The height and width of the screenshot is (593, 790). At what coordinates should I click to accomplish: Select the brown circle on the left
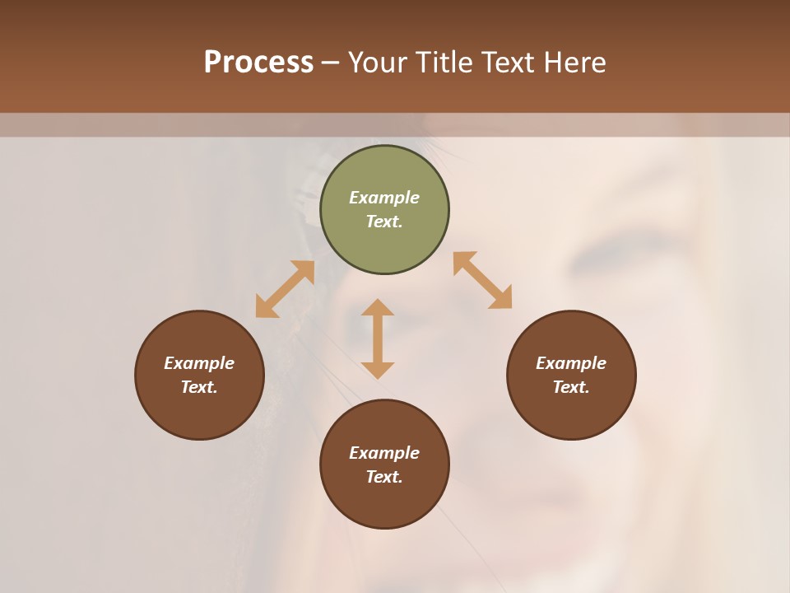tap(199, 412)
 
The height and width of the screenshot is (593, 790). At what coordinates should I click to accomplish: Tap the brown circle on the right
tap(571, 412)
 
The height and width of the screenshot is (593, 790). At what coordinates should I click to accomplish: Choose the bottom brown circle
tap(384, 502)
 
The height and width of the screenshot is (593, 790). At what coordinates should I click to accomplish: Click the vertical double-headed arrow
tap(378, 339)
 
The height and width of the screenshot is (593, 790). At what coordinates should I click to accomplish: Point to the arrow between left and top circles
tap(285, 289)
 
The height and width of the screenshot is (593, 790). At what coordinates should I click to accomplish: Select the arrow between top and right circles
tap(483, 280)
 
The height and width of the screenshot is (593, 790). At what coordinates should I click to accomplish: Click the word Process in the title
tap(258, 63)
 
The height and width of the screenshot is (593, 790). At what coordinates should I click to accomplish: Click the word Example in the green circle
tap(384, 198)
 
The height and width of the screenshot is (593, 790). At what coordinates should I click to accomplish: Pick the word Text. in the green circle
tap(384, 222)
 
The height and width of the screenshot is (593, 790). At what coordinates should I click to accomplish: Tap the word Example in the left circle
tap(199, 363)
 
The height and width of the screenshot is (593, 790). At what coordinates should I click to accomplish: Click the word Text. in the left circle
tap(199, 387)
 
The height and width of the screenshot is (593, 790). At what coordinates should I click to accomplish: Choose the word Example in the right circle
tap(571, 363)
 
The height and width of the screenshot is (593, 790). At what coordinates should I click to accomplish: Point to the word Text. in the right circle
tap(571, 387)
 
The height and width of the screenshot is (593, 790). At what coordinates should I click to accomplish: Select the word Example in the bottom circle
tap(384, 453)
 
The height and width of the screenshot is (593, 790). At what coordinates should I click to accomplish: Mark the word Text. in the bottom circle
tap(384, 477)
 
